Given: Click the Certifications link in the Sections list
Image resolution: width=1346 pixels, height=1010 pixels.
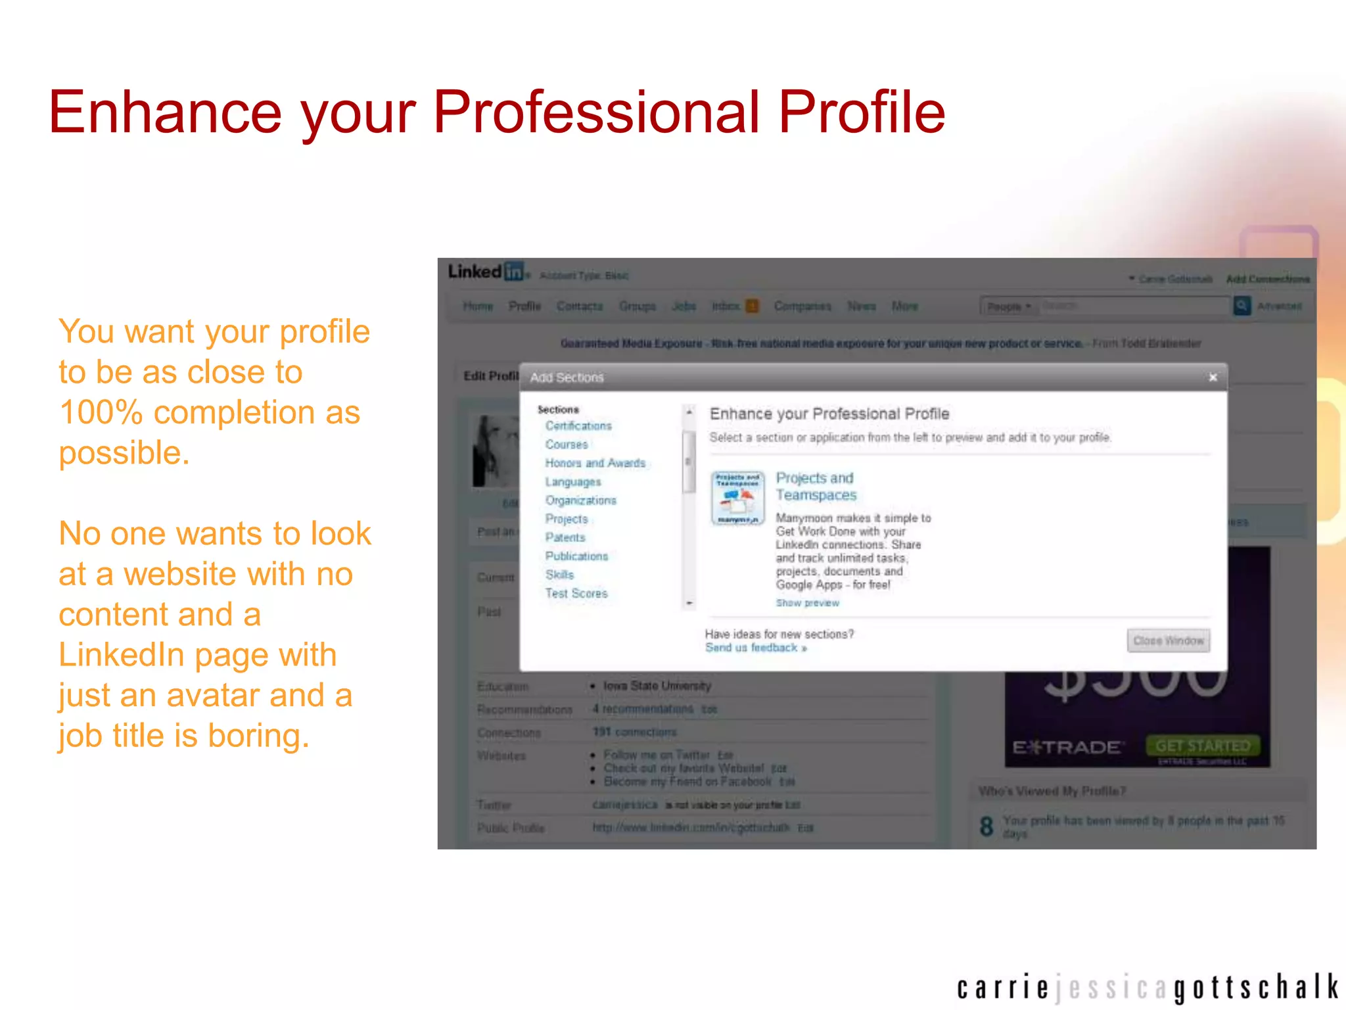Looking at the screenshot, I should point(578,426).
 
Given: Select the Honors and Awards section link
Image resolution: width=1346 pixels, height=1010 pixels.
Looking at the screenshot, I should point(595,463).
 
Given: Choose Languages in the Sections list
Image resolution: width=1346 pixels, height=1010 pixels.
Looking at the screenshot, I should point(572,482).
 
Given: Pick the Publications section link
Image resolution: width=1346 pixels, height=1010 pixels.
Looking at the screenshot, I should point(576,556).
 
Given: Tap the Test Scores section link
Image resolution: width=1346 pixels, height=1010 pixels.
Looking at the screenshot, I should point(576,593).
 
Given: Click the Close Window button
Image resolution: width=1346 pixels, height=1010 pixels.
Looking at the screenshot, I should point(1168,640).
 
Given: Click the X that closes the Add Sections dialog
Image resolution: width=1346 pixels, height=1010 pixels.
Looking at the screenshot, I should point(1213,377).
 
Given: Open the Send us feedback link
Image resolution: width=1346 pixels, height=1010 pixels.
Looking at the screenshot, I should point(755,648).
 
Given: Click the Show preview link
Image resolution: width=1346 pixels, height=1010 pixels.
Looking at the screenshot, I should point(807,603).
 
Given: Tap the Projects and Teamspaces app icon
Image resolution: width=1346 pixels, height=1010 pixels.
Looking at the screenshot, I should point(737,498).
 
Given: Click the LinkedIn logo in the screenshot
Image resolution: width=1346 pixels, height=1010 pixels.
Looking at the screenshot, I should point(486,272).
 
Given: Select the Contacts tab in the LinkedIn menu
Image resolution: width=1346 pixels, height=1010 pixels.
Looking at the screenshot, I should point(579,306).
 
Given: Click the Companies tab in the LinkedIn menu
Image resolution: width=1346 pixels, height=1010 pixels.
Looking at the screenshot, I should point(802,306).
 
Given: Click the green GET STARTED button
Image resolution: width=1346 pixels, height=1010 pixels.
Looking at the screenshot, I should point(1203,746).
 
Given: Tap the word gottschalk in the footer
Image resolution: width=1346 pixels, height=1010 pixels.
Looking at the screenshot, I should point(1255,988).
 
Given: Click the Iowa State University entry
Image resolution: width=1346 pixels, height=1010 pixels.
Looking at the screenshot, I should point(657,686).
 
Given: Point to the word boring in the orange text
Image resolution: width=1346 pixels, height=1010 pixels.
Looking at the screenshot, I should point(258,735).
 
